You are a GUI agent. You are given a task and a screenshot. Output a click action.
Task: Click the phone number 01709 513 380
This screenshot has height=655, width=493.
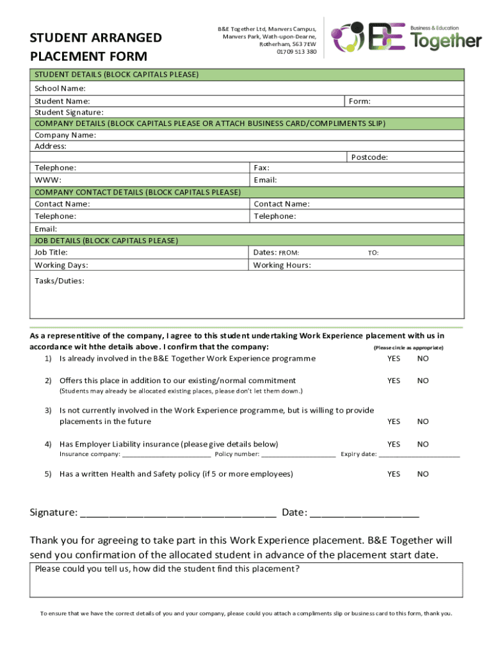tap(296, 52)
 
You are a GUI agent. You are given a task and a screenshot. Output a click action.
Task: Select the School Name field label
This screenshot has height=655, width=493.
tap(60, 88)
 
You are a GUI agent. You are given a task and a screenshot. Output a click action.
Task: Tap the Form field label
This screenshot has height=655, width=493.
tap(360, 101)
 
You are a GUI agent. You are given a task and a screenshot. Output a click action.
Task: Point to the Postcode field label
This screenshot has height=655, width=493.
tap(369, 157)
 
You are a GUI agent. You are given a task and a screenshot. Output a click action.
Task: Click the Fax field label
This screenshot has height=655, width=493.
tap(261, 168)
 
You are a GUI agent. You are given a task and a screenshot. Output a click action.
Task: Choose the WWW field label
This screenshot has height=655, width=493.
tap(48, 180)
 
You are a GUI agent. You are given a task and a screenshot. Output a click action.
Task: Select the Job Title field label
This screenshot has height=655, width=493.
tap(51, 252)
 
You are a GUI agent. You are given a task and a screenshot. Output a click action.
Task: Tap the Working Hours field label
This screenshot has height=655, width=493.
tap(282, 265)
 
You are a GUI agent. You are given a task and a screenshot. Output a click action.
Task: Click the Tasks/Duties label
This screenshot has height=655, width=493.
tap(59, 281)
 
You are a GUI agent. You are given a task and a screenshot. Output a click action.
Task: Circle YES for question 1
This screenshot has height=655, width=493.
tap(393, 358)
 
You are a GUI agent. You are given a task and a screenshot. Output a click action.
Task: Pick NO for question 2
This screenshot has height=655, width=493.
tap(423, 381)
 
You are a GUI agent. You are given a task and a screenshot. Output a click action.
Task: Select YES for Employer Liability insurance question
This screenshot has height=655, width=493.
tap(393, 444)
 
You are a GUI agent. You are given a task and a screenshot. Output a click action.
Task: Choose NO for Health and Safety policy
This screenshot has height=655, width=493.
tap(423, 474)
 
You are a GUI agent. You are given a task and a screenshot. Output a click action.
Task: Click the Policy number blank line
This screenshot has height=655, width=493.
tap(298, 455)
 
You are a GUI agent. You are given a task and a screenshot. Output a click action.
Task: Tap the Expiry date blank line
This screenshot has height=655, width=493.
tap(419, 455)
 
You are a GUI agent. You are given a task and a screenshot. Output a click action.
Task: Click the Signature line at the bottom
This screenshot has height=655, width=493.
tap(179, 514)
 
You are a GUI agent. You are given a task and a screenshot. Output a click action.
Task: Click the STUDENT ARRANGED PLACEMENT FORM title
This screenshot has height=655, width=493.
tap(96, 47)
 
